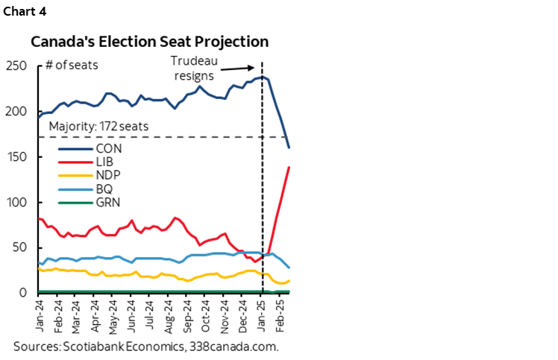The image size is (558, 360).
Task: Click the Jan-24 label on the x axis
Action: coord(39,313)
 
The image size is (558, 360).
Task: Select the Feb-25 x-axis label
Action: coord(280,313)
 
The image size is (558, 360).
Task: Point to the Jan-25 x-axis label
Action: coord(261,313)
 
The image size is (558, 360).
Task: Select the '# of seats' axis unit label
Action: coord(72,65)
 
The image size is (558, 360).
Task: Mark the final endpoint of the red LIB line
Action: coord(289,168)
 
